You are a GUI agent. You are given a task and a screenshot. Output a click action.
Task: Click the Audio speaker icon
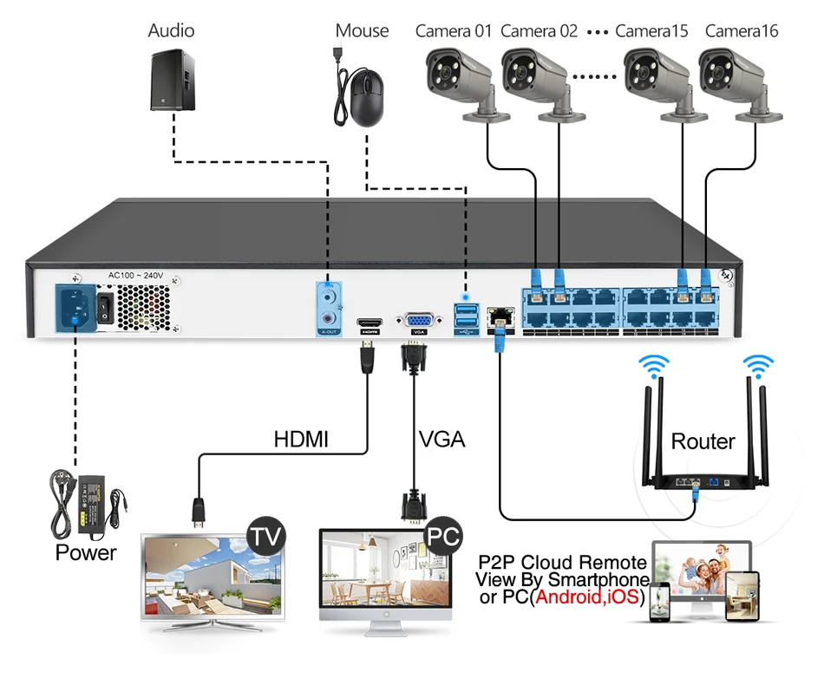coord(172,79)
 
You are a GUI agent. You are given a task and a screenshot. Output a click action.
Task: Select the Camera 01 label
coord(454,31)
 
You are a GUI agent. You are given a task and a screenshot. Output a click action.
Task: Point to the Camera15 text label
coord(651,31)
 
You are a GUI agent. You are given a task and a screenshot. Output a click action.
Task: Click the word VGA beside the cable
coord(441,440)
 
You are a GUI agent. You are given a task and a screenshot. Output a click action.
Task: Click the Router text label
coord(703,441)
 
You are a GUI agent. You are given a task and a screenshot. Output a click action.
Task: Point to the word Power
coord(86,552)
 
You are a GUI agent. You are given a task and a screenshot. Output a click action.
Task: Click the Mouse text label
coord(362,31)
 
